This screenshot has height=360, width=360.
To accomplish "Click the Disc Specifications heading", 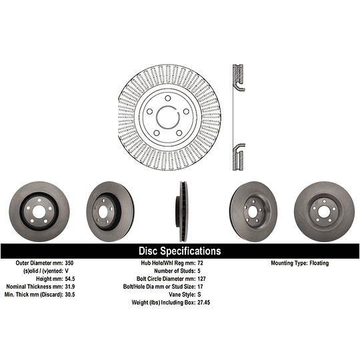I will [x=179, y=251].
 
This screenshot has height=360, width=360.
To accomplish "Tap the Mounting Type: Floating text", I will [x=299, y=263].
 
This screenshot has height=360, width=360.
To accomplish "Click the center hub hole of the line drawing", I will [x=169, y=115].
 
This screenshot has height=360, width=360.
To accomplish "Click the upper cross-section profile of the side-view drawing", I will [x=236, y=77].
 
